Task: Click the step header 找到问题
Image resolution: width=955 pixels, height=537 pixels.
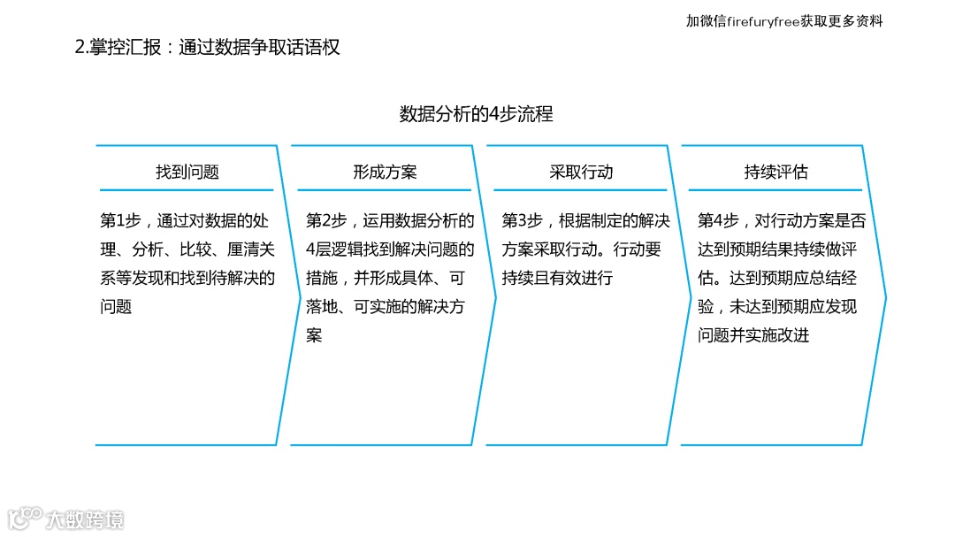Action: [187, 173]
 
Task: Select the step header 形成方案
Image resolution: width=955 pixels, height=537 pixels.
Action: [385, 173]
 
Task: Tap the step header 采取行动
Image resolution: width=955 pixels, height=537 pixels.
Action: [581, 173]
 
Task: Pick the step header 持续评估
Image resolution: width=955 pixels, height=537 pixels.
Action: [775, 173]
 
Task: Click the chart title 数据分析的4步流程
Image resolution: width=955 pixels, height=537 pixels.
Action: [477, 114]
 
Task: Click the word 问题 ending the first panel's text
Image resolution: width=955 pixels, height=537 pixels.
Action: [116, 307]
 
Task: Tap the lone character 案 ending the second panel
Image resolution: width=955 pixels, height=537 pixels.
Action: [314, 336]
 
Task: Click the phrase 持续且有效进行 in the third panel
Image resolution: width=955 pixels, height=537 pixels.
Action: [557, 279]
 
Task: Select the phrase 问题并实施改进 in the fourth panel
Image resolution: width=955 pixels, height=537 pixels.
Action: [753, 336]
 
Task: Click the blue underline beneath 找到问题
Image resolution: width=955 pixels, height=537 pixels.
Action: [187, 190]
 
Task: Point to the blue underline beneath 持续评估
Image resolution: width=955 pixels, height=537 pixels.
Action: [775, 190]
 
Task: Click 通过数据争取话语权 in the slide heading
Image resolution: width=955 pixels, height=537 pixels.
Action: [259, 48]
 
